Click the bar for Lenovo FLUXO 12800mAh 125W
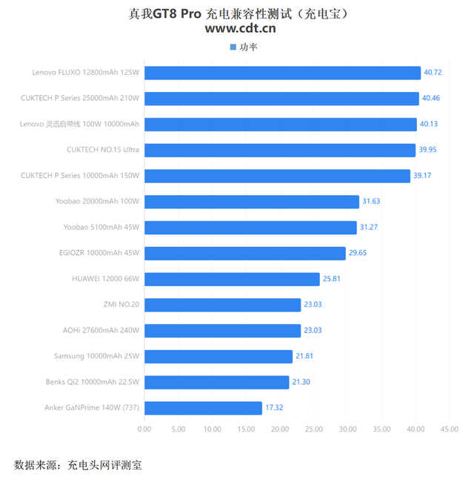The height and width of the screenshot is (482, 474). point(282,73)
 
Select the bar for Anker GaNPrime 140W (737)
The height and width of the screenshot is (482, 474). point(203,408)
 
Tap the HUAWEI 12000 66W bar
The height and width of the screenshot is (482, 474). point(232,279)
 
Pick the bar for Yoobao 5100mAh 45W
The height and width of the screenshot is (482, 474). point(250,227)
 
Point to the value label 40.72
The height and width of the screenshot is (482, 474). point(433,73)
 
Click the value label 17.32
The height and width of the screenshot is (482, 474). point(274,408)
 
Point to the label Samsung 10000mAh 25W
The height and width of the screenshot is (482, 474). point(96,356)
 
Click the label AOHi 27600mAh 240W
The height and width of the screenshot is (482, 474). point(101,330)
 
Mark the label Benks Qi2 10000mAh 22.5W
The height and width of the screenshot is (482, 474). point(93,382)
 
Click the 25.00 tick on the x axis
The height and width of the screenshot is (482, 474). point(314,429)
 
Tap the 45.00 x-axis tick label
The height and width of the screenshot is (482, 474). point(450,429)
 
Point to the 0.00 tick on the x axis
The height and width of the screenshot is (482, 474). point(144,429)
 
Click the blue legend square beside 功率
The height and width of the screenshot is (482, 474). point(233,47)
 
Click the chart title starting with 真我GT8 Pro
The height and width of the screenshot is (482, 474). point(237,13)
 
